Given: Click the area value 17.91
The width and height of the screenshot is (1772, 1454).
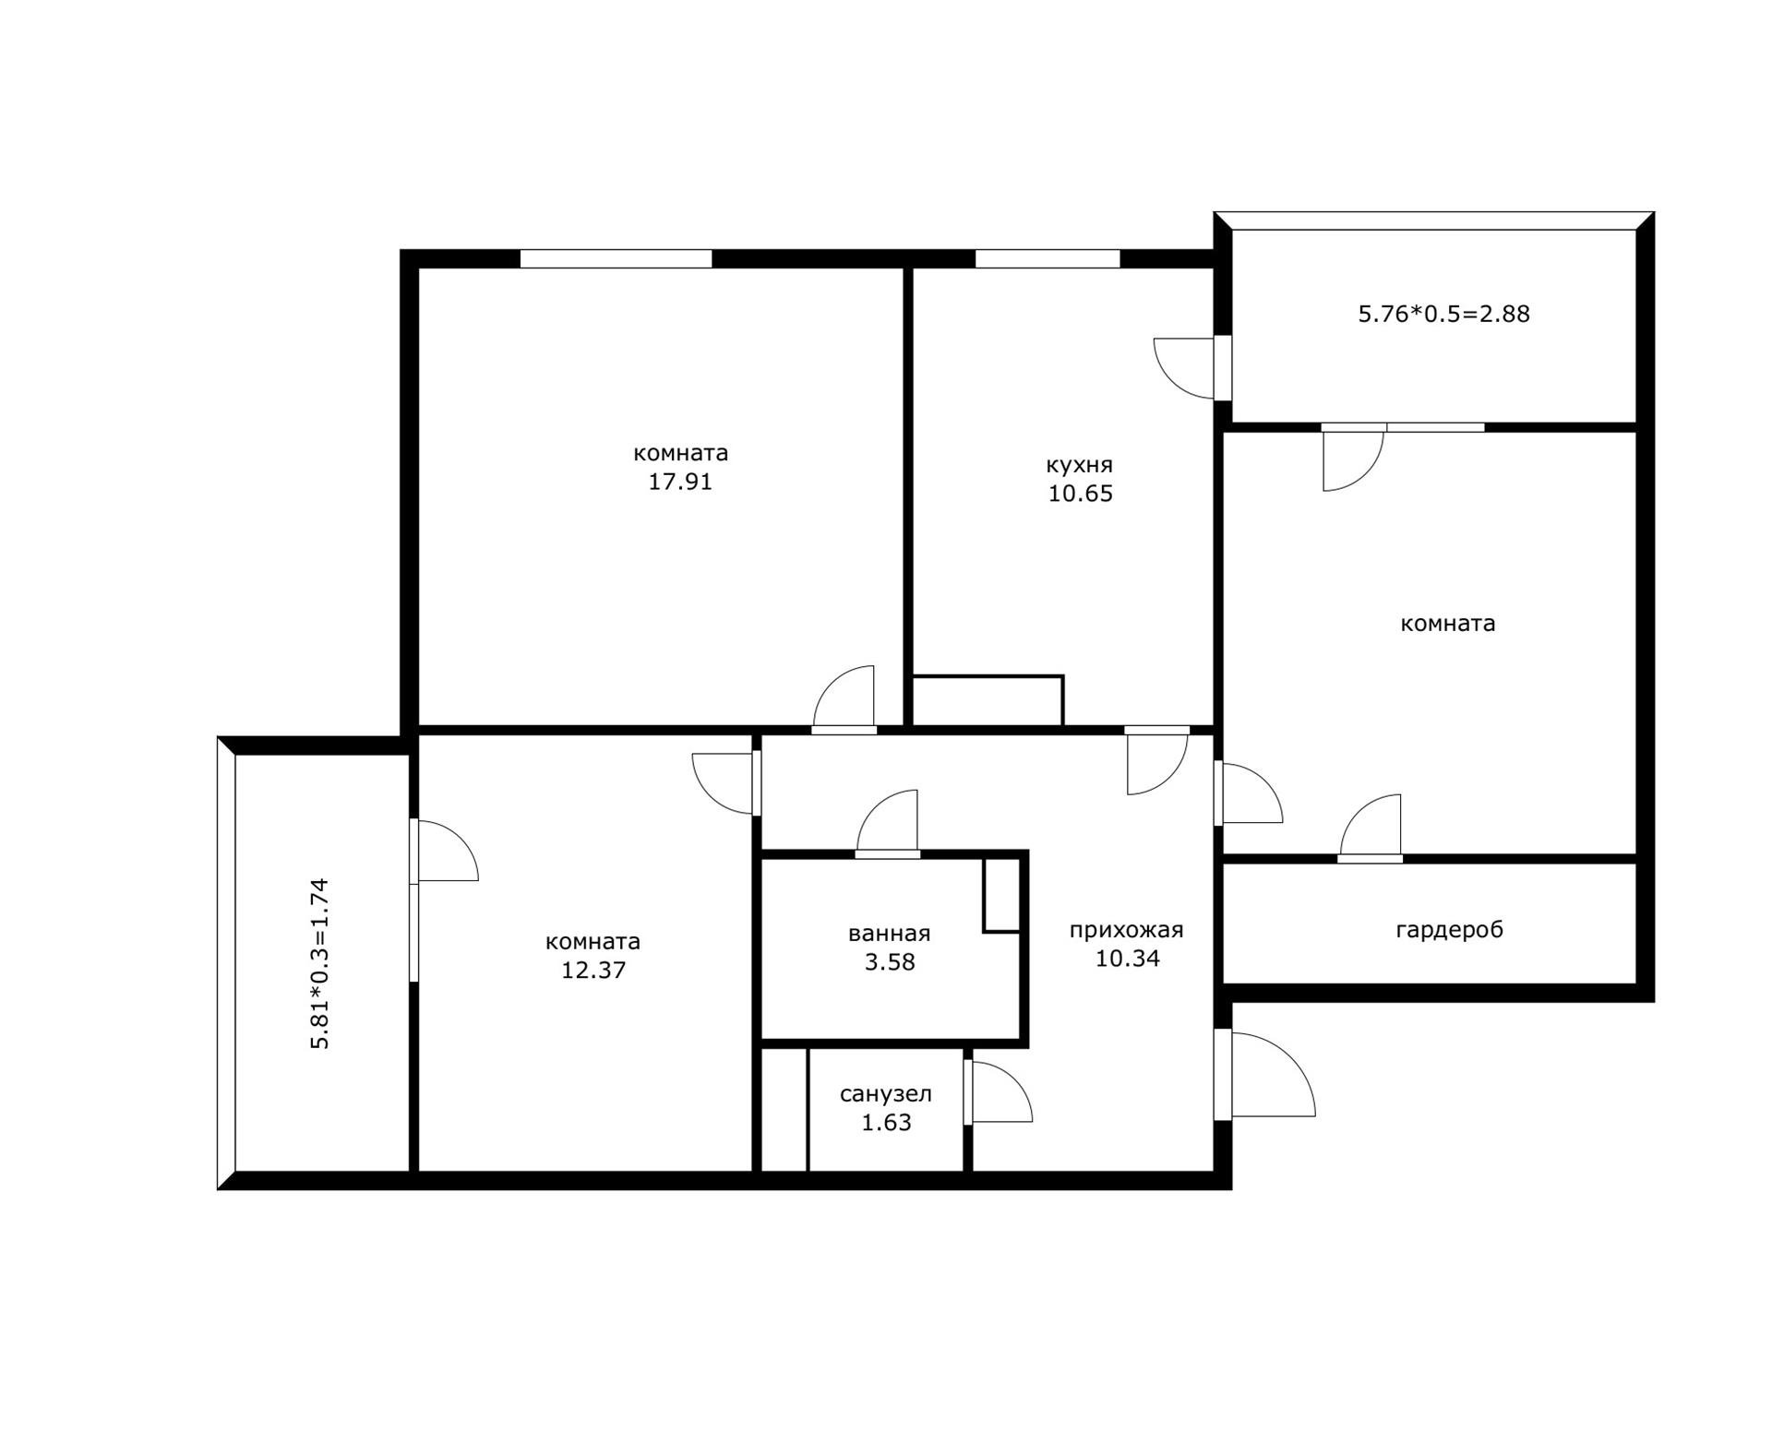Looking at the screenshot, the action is (680, 482).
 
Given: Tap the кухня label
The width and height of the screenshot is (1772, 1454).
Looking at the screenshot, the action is (1079, 465).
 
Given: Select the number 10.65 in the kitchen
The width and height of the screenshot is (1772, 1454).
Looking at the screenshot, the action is (1080, 494).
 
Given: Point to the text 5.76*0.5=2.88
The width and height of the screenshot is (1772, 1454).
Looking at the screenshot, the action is (1443, 314).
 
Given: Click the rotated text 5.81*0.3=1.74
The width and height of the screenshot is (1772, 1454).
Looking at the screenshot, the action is (319, 963).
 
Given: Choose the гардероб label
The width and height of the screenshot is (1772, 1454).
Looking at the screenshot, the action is (1449, 930).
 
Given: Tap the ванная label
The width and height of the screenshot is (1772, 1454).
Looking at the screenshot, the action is (889, 934).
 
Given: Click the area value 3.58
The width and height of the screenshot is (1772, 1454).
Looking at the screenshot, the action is (890, 962).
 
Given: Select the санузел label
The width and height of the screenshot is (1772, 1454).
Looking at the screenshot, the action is (886, 1094).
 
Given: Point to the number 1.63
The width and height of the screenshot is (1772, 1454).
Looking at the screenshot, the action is (886, 1123).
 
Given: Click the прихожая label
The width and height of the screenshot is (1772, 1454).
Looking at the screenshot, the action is (1126, 930).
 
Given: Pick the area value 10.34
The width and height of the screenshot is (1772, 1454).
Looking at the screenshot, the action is (1127, 959).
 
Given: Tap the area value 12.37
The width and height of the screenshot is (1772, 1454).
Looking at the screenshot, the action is (593, 971).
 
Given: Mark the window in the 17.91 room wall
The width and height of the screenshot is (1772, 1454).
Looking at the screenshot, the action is (616, 258).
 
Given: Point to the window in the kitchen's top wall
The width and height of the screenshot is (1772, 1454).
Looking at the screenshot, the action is (1048, 258).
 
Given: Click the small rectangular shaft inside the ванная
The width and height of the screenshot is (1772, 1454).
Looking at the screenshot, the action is (1001, 895).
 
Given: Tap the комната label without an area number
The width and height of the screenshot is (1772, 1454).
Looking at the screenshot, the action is (1448, 624).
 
